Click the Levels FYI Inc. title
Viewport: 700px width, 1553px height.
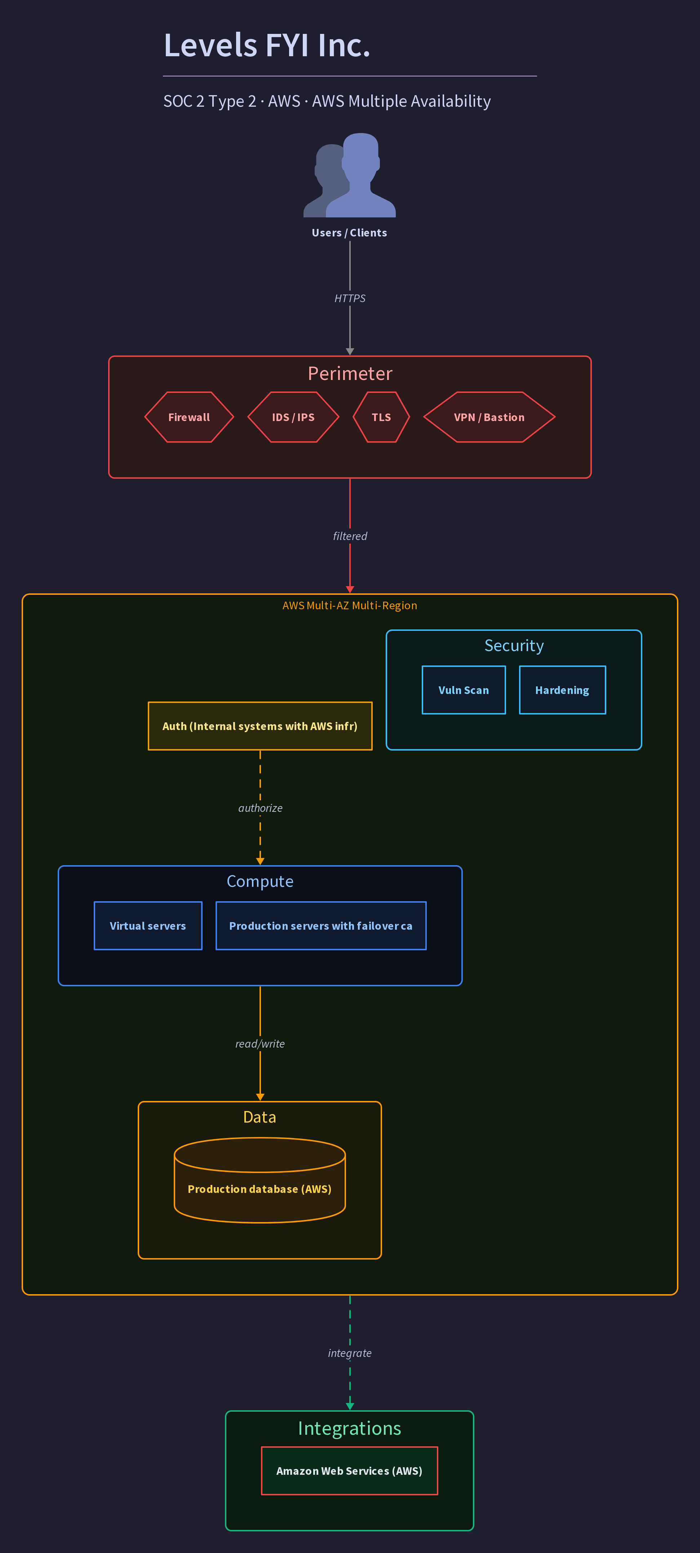point(266,45)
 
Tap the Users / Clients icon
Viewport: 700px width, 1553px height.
point(350,175)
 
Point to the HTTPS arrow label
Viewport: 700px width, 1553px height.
point(350,298)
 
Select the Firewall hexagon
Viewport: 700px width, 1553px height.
point(189,417)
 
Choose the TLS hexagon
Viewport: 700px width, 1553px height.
point(381,417)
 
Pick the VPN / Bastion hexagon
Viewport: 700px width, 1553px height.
point(489,417)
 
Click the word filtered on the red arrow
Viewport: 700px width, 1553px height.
point(350,536)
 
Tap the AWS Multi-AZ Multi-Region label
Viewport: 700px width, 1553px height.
point(350,605)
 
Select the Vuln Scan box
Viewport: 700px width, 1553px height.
point(464,690)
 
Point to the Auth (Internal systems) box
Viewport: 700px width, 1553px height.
point(260,726)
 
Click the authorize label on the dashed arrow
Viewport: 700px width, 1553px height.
point(260,808)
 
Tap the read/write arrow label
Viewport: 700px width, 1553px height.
point(260,1044)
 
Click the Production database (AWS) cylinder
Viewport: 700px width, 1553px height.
point(260,1180)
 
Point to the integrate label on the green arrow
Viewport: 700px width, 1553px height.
point(350,1353)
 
